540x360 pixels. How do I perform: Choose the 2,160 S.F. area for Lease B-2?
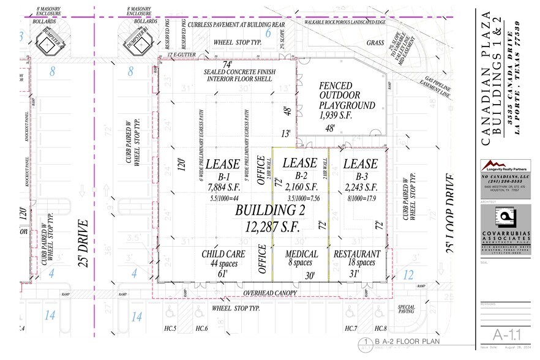299,186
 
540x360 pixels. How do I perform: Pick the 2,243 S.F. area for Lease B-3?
360,186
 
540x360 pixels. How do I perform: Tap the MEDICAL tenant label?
301,254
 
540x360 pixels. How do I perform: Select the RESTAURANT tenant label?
357,254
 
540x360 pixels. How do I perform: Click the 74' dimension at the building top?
227,64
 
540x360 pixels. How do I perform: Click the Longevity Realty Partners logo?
505,166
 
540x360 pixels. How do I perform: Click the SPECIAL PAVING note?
406,309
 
